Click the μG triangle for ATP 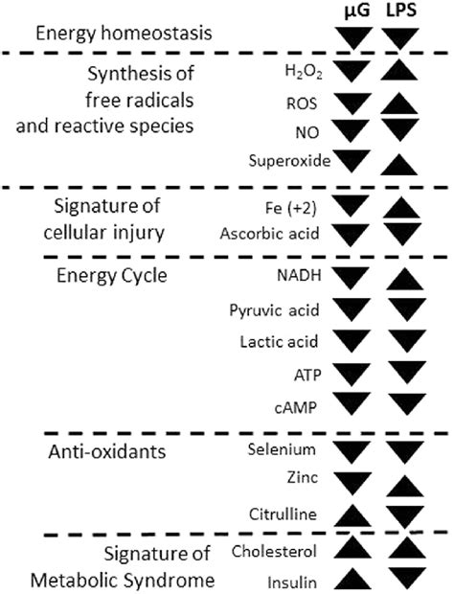coord(354,371)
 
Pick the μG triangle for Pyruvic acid coord(354,308)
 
